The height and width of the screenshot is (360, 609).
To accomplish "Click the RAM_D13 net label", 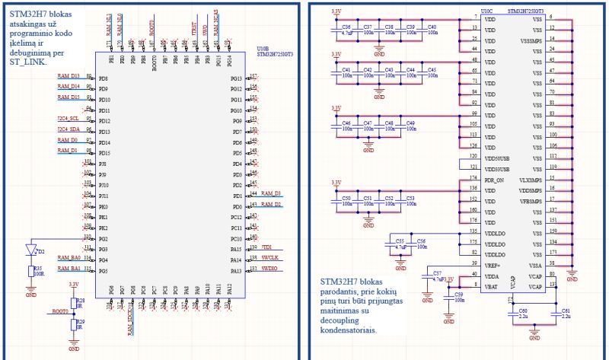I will [x=69, y=76].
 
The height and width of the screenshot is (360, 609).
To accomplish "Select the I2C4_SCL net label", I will [x=69, y=119].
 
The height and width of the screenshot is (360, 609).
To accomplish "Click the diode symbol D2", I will [x=31, y=250].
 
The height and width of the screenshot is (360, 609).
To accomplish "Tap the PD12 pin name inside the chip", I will [x=104, y=121].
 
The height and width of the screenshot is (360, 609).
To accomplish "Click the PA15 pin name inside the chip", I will [x=235, y=249].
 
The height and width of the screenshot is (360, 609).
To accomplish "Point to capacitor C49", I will [x=411, y=126].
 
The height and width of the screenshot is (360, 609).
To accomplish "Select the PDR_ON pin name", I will [x=494, y=180].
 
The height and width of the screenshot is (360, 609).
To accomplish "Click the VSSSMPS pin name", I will [x=530, y=40].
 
